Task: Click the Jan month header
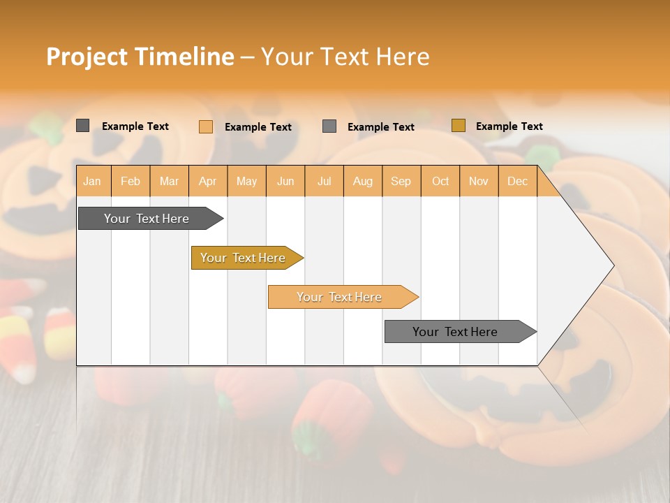(92, 181)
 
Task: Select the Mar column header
(169, 181)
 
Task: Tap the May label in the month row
(246, 181)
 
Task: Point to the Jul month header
(324, 181)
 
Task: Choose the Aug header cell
(362, 181)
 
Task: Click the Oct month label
(440, 181)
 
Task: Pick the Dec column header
(517, 181)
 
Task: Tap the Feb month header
(131, 181)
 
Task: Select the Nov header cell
(478, 181)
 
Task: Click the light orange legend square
(206, 126)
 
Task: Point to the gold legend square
(459, 126)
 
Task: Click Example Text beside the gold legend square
(509, 126)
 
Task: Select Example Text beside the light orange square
(258, 127)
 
